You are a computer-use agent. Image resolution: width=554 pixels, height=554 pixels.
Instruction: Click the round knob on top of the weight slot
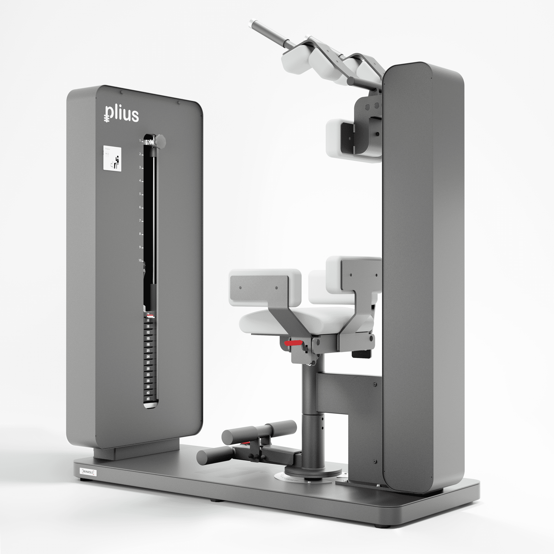pos(160,141)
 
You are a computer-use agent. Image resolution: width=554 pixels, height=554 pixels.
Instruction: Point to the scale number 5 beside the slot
pos(140,194)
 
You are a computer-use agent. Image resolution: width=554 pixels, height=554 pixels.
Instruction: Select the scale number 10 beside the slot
pos(140,260)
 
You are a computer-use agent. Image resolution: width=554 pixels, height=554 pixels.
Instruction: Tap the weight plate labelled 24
pos(148,357)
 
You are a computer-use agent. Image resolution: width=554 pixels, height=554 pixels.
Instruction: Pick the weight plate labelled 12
pos(148,332)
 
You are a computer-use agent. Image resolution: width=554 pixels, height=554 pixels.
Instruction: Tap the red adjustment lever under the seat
pos(293,343)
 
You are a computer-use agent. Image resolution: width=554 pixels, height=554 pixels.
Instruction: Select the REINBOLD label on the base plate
pos(88,472)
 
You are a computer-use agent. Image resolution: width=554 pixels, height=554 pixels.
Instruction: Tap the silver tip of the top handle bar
pos(253,23)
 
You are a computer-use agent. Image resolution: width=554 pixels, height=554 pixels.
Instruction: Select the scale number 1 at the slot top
pos(140,141)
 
